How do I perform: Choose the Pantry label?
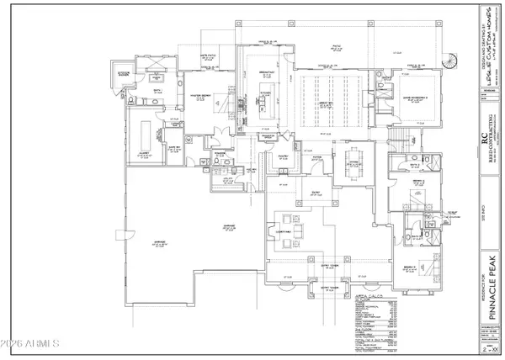(x=284, y=157)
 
